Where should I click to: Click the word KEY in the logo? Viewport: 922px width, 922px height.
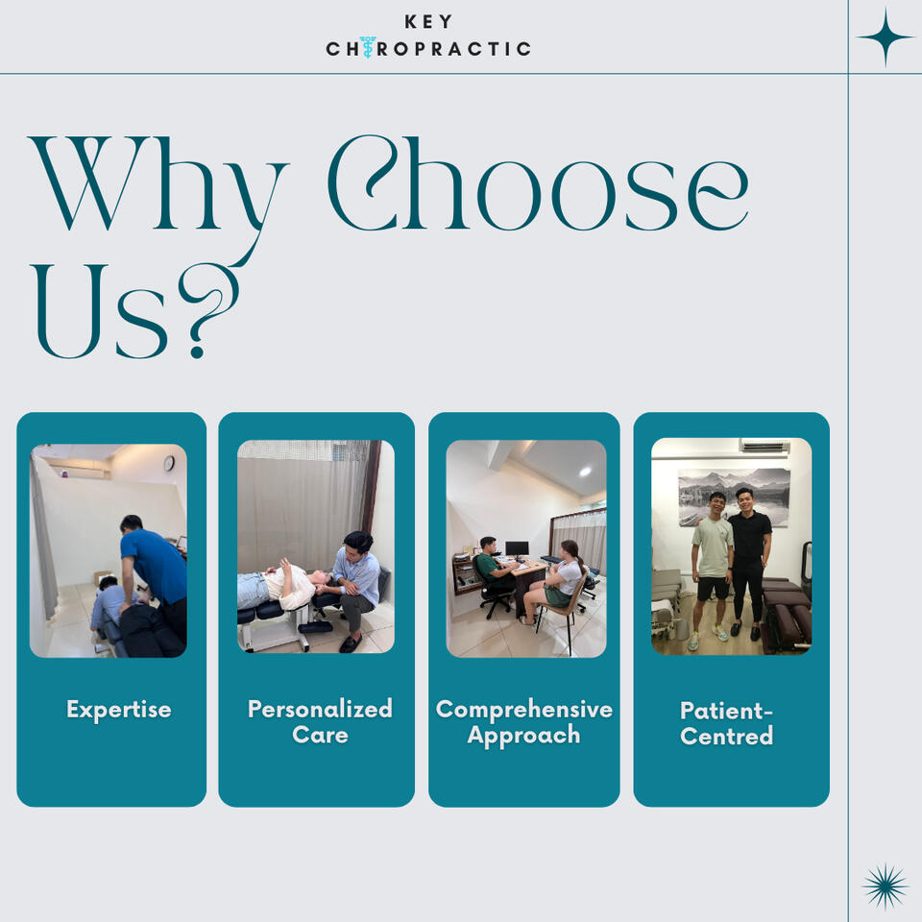pos(428,22)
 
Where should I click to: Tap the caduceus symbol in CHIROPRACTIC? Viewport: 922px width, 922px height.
pos(368,47)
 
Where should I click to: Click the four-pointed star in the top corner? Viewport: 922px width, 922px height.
pos(886,37)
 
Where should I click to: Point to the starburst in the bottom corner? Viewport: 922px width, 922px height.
pos(885,886)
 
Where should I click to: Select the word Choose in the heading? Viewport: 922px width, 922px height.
pos(538,183)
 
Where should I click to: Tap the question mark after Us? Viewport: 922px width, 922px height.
pos(208,315)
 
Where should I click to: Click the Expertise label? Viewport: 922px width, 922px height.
pos(119,710)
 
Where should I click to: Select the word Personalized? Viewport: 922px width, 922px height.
pos(320,710)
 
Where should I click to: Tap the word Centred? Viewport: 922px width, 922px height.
pos(726,737)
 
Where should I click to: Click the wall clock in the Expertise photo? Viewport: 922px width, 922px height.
pos(169,463)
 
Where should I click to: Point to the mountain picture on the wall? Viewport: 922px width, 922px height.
pos(734,497)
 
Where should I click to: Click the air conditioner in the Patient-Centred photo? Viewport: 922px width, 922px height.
pos(764,446)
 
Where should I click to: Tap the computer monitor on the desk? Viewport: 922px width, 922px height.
pos(517,548)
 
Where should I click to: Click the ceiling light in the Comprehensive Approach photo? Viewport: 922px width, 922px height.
pos(585,471)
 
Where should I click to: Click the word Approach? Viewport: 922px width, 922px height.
pos(524,736)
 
